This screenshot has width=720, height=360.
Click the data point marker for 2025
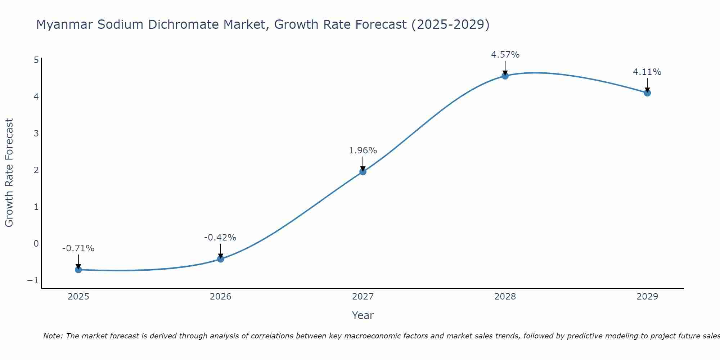pyautogui.click(x=78, y=270)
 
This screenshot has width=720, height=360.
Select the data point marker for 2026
pyautogui.click(x=221, y=259)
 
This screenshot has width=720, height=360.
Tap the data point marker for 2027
pyautogui.click(x=363, y=172)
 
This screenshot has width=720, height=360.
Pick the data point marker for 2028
pyautogui.click(x=505, y=76)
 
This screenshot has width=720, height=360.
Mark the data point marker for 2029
pyautogui.click(x=647, y=93)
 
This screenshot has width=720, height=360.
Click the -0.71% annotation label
pyautogui.click(x=78, y=248)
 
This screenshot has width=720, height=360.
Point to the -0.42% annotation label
pyautogui.click(x=220, y=238)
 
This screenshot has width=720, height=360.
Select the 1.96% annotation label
pyautogui.click(x=363, y=150)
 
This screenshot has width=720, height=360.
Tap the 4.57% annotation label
pyautogui.click(x=505, y=55)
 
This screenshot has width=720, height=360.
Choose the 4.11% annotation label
pyautogui.click(x=647, y=72)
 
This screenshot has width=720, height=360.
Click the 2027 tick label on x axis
pyautogui.click(x=363, y=297)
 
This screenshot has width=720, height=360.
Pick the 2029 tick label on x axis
pyautogui.click(x=647, y=297)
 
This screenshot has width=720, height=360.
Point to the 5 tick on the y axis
pyautogui.click(x=36, y=60)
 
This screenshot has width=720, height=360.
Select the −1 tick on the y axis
pyautogui.click(x=33, y=280)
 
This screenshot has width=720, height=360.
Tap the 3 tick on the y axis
pyautogui.click(x=36, y=134)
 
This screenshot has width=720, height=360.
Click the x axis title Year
pyautogui.click(x=363, y=315)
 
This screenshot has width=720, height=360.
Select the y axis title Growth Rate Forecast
pyautogui.click(x=9, y=172)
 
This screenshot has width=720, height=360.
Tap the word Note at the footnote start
pyautogui.click(x=53, y=336)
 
